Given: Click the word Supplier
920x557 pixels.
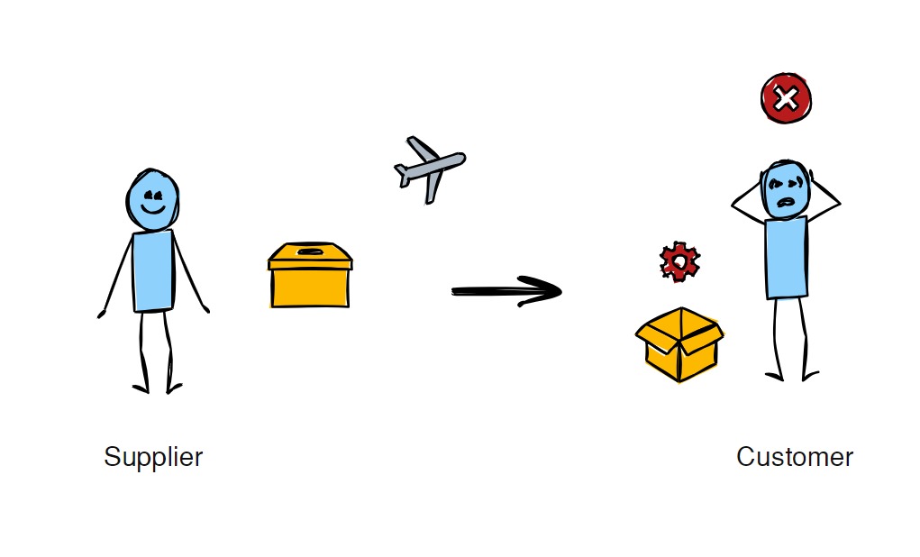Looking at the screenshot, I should (153, 457).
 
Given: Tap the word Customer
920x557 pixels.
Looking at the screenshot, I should (794, 457).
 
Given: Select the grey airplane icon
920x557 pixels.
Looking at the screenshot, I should (430, 169).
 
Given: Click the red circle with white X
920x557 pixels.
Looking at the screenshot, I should (786, 98).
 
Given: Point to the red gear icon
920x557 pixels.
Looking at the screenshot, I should (679, 261).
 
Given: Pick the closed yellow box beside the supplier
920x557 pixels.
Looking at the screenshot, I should (309, 276).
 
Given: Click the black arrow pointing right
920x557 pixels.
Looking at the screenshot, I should (506, 290).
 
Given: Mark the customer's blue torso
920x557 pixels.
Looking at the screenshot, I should (786, 257).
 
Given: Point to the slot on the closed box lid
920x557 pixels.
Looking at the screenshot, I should (310, 252).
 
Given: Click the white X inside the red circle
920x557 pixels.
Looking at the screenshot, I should (786, 98).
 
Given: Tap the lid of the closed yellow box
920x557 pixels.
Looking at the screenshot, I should (309, 256).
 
